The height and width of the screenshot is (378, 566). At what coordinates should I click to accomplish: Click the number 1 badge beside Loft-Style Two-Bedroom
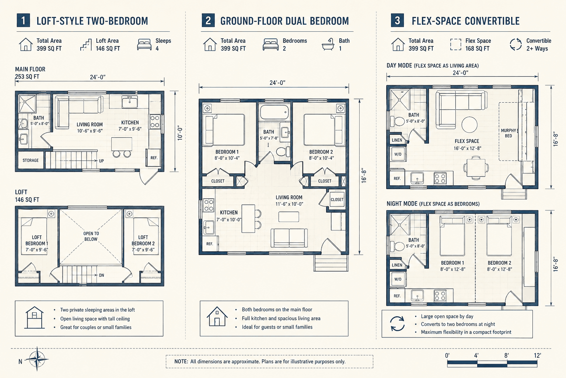tap(23, 21)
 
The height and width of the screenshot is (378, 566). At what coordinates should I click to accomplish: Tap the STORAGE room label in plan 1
tap(31, 160)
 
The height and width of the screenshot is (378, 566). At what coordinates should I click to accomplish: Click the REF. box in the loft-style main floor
tap(154, 158)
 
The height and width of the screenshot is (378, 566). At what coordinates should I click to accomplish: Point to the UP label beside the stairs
tap(101, 161)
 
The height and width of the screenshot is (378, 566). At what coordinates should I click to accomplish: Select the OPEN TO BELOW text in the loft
tap(91, 236)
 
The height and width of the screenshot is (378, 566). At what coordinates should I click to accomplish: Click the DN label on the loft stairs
tap(102, 275)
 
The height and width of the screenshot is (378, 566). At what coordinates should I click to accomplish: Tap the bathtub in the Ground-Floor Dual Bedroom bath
tap(275, 112)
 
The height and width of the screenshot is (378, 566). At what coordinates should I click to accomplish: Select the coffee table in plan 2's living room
tap(289, 217)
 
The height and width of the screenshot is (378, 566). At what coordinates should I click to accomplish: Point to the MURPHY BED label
tap(509, 133)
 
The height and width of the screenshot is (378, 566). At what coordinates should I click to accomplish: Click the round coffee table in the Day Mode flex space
tap(469, 124)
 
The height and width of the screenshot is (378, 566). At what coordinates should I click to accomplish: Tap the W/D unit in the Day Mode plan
tap(398, 154)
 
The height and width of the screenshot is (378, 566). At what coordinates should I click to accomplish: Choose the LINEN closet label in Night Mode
tap(397, 265)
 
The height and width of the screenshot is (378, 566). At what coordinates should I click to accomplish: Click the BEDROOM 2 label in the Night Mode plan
tap(500, 263)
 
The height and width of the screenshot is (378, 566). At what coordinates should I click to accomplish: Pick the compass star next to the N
tap(37, 359)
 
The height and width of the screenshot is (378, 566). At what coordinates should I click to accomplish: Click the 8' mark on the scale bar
tap(506, 355)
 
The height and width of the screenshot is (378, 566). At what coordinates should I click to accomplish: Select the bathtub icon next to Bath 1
tap(328, 44)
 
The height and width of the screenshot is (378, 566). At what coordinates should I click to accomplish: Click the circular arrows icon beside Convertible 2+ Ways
tap(516, 44)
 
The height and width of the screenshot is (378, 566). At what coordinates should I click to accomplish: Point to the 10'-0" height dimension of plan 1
tap(180, 133)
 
